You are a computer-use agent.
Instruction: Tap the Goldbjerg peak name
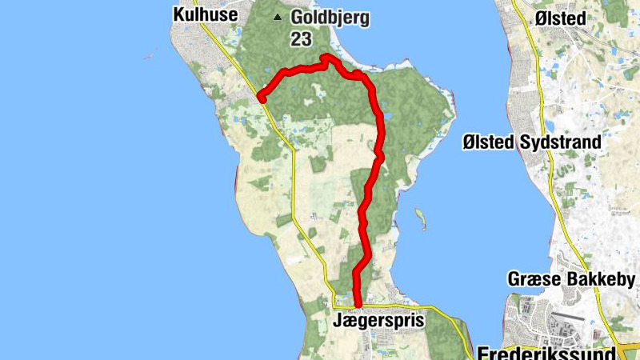pos(330,18)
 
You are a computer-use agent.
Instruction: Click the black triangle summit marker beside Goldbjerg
pos(278,17)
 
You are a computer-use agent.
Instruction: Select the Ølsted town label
pos(562,18)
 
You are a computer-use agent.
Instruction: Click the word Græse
pos(532,280)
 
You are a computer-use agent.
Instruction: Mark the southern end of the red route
pos(358,306)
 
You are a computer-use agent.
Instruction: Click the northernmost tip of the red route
pos(326,56)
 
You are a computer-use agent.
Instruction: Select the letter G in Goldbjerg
pos(298,18)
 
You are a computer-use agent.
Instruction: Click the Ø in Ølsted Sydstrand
pos(470,142)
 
